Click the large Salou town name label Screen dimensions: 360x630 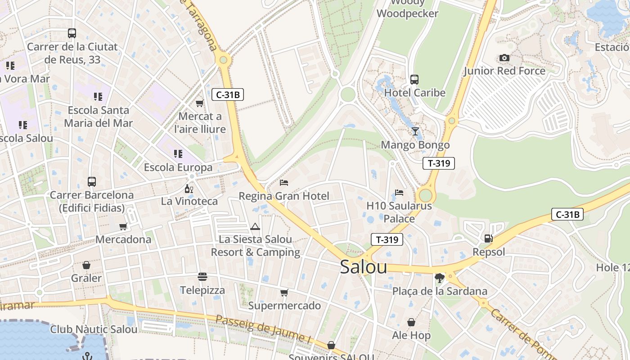(363, 267)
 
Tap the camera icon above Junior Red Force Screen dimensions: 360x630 (504, 58)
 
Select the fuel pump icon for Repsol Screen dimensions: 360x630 (488, 238)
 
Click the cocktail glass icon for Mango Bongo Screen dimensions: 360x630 (415, 131)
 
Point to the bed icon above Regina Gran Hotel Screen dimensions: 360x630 (284, 183)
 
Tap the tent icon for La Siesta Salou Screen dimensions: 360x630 (255, 226)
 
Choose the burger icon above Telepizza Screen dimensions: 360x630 (202, 277)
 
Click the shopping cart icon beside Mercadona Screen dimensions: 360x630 (123, 226)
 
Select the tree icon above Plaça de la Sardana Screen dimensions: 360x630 (440, 278)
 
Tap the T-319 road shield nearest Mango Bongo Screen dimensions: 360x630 (438, 163)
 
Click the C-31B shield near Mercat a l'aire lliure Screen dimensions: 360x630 (227, 94)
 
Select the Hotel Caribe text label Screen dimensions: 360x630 (414, 93)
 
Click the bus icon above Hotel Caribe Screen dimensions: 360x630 (414, 80)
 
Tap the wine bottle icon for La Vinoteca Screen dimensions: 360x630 (189, 189)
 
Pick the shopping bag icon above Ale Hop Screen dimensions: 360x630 (411, 322)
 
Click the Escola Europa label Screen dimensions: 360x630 (178, 167)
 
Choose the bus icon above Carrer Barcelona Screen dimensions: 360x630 (92, 182)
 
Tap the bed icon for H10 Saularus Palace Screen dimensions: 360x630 (399, 193)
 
